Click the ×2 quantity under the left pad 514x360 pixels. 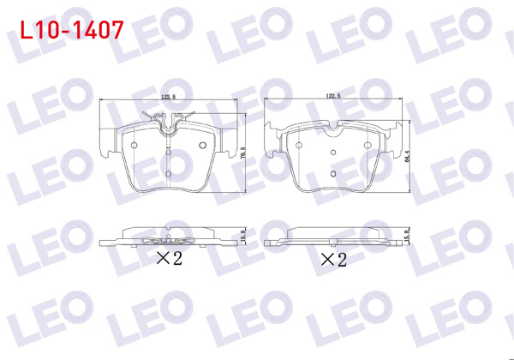(x=168, y=257)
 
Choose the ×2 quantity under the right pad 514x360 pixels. (x=333, y=257)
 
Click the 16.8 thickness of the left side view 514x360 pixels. (x=243, y=235)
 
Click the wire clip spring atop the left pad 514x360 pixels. (x=167, y=120)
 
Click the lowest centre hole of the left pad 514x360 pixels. (x=168, y=174)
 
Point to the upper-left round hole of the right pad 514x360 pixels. (x=298, y=146)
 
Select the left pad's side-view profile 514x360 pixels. (x=168, y=236)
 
